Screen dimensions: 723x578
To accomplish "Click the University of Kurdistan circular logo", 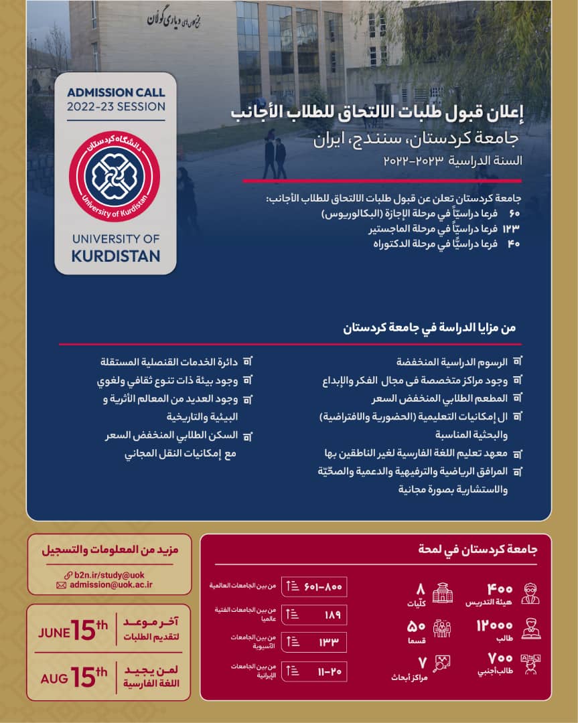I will click(115, 176).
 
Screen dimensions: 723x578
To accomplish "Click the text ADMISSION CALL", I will click(116, 93).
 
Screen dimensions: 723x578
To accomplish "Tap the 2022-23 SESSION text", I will click(116, 106).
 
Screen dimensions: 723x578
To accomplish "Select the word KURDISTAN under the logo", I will click(116, 256).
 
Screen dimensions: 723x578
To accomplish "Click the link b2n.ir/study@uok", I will click(109, 574).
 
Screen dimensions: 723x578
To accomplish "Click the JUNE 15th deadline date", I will click(73, 631).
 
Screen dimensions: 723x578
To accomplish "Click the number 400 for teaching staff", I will click(500, 589).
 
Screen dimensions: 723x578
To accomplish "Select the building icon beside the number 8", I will click(443, 592).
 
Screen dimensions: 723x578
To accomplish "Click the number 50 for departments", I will click(417, 626).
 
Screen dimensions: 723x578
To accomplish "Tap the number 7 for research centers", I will click(421, 661).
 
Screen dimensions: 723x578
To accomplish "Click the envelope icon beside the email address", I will click(61, 585).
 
